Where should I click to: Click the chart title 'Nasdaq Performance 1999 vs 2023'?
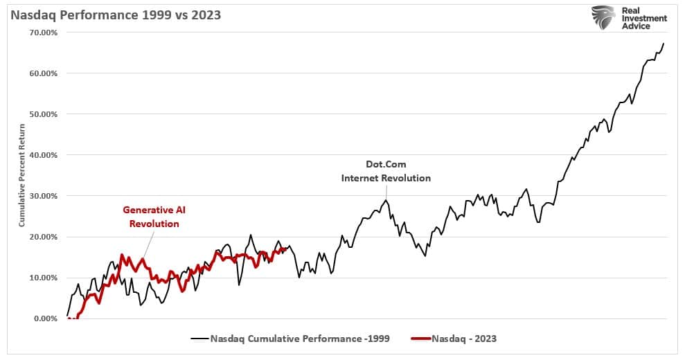[x=115, y=15]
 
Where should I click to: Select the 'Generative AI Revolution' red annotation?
[x=150, y=216]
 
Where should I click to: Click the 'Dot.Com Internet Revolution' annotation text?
[x=386, y=171]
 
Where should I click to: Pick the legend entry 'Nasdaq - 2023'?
[x=463, y=339]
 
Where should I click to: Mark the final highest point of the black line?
[x=664, y=44]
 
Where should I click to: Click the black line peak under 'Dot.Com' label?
[x=386, y=200]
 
